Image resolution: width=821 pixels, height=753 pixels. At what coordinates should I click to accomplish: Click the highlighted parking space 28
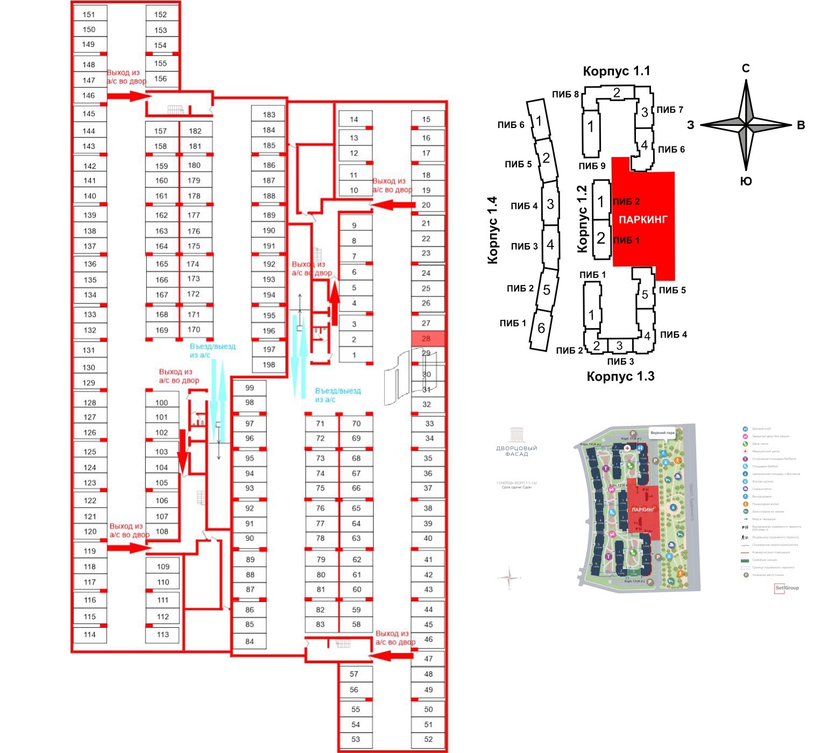click(428, 339)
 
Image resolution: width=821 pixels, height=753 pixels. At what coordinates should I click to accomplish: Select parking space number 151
click(89, 15)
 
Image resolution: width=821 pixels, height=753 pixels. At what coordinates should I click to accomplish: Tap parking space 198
click(269, 365)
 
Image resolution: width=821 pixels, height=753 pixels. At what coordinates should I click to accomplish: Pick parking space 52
click(428, 739)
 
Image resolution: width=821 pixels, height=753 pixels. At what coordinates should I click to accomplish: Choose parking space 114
click(90, 635)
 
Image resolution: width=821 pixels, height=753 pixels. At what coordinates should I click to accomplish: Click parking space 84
click(249, 641)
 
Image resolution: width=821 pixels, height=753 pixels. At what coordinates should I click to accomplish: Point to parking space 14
click(353, 119)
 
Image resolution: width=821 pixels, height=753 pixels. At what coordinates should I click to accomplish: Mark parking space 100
click(161, 402)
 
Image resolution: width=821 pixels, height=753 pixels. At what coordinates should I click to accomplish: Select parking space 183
click(269, 115)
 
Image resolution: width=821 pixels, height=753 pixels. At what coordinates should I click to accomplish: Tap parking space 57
click(353, 674)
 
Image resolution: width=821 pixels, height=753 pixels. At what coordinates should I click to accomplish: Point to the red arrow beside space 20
click(393, 205)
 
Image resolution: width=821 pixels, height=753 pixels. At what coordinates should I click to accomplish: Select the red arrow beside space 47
click(392, 656)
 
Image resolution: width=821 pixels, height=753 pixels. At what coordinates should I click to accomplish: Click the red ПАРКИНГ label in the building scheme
click(643, 219)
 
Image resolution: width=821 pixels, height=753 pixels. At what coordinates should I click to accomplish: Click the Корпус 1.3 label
click(620, 376)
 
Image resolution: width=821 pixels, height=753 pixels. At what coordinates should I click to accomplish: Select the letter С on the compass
click(746, 68)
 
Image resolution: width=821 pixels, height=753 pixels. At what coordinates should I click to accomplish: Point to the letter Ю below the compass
click(746, 181)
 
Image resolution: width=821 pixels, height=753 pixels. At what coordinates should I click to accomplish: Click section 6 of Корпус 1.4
click(541, 328)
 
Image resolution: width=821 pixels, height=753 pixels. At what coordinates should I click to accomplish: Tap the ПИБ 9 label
click(592, 166)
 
